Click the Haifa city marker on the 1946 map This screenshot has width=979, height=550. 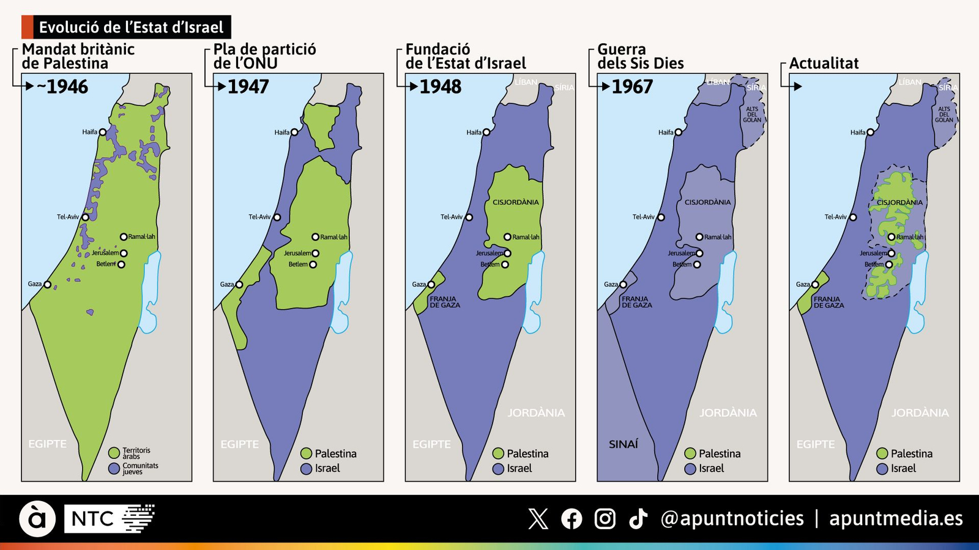pyautogui.click(x=103, y=132)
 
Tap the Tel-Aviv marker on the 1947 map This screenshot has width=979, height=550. pyautogui.click(x=277, y=218)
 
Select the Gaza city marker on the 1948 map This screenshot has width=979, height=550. pyautogui.click(x=431, y=285)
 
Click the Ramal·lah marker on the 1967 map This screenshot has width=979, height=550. pyautogui.click(x=699, y=237)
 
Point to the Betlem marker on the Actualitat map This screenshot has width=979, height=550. pyautogui.click(x=889, y=265)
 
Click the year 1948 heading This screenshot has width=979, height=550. pyautogui.click(x=441, y=87)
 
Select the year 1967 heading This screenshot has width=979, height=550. pyautogui.click(x=632, y=87)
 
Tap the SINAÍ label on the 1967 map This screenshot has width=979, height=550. pyautogui.click(x=623, y=444)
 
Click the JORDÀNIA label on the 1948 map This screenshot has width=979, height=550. pyautogui.click(x=536, y=413)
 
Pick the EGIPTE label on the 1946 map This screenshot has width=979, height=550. pyautogui.click(x=48, y=444)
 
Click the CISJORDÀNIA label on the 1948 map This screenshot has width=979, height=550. pyautogui.click(x=516, y=202)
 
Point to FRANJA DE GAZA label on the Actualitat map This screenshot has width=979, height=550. pyautogui.click(x=828, y=302)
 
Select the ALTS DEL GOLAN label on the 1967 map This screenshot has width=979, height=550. pyautogui.click(x=752, y=114)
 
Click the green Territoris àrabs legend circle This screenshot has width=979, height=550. pyautogui.click(x=114, y=453)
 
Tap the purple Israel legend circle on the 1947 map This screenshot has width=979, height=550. pyautogui.click(x=307, y=469)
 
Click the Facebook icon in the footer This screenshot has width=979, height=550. pyautogui.click(x=571, y=519)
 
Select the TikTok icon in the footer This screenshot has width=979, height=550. pyautogui.click(x=638, y=519)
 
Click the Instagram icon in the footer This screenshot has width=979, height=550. pyautogui.click(x=605, y=519)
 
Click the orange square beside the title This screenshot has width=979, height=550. pyautogui.click(x=27, y=27)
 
